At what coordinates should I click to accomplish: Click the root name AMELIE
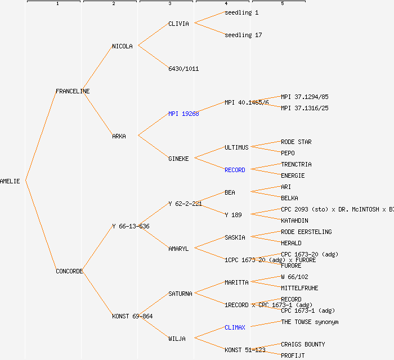click(x=10, y=181)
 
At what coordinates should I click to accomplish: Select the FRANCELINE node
click(x=73, y=91)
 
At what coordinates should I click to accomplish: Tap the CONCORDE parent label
click(x=69, y=271)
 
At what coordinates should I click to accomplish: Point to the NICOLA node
click(x=122, y=46)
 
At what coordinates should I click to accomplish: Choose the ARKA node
click(x=119, y=136)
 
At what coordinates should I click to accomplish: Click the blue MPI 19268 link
click(x=183, y=114)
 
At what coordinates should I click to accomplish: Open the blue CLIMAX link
click(x=235, y=327)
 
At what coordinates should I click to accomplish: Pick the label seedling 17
click(x=243, y=35)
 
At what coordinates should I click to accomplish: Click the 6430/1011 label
click(x=183, y=69)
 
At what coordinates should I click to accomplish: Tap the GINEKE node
click(x=178, y=159)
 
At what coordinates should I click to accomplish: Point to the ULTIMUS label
click(x=236, y=147)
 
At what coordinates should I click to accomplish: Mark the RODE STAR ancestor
click(x=296, y=142)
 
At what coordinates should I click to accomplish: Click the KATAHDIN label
click(x=294, y=220)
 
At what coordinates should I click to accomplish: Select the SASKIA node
click(x=235, y=237)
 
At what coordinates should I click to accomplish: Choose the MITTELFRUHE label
click(x=299, y=288)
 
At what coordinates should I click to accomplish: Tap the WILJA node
click(x=177, y=339)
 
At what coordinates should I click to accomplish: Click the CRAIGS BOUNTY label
click(x=303, y=344)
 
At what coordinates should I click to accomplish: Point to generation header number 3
click(x=169, y=4)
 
